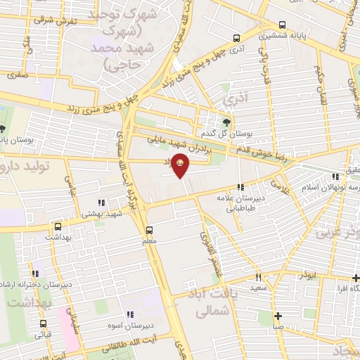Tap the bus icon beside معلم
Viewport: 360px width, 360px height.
click(149, 229)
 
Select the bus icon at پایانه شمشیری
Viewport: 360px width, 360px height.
click(283, 23)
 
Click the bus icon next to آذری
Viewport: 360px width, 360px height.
click(236, 39)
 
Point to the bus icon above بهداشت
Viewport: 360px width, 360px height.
click(58, 226)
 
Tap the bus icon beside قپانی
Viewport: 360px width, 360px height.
click(44, 324)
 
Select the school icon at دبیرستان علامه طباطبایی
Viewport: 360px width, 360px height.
click(241, 187)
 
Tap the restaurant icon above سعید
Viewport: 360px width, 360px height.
click(258, 277)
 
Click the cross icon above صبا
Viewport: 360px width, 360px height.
click(278, 316)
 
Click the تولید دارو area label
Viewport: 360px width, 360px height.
click(28, 166)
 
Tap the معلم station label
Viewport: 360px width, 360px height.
click(148, 241)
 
